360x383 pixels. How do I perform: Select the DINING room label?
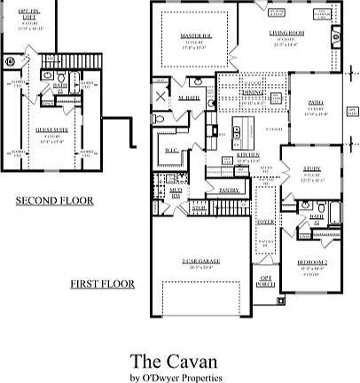(x=254, y=91)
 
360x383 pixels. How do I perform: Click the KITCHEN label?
(x=247, y=154)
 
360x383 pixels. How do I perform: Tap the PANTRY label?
(x=229, y=190)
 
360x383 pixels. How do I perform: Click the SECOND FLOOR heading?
(x=53, y=201)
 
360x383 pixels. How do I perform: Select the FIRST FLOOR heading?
(x=103, y=284)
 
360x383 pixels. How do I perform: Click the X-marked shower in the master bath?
(x=160, y=98)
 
